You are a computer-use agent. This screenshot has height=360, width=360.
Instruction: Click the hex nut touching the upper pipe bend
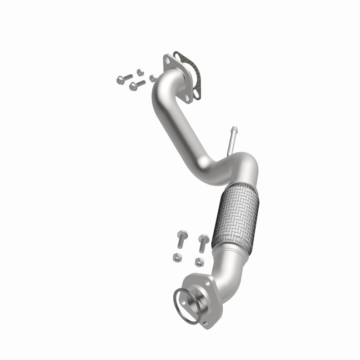click(152, 78)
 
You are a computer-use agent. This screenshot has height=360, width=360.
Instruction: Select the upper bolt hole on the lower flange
click(208, 282)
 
